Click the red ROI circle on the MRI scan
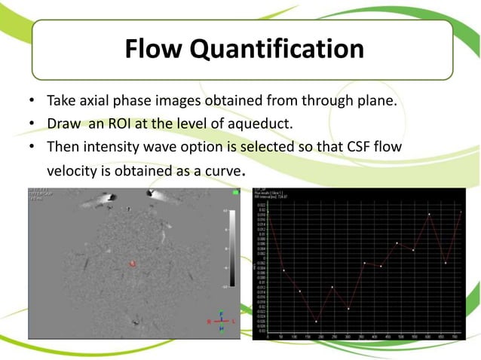[x=133, y=264]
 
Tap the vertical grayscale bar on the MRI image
[x=232, y=248]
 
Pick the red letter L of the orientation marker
[x=234, y=322]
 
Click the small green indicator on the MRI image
[x=237, y=194]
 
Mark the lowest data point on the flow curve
[x=316, y=322]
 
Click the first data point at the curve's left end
[x=269, y=213]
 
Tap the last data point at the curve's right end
[x=461, y=212]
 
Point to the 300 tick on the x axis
[x=348, y=336]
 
